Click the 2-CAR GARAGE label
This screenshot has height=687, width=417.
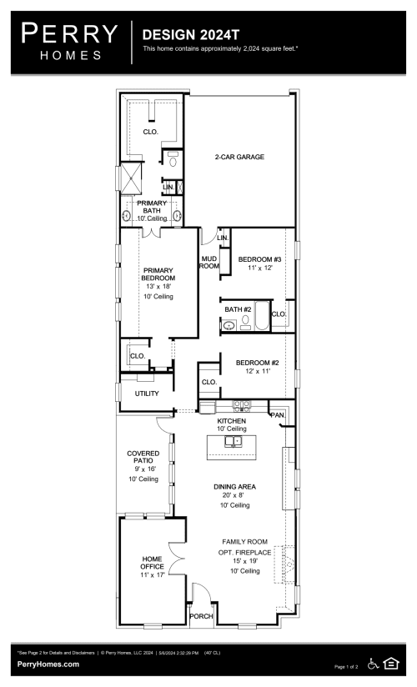point(240,157)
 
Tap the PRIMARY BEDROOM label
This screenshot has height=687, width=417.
point(158,273)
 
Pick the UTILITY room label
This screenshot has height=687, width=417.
point(147,393)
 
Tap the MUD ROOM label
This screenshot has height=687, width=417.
point(208,263)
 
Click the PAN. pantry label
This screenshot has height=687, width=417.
point(278,414)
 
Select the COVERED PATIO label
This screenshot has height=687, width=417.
point(143,458)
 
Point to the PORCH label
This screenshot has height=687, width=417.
point(201,617)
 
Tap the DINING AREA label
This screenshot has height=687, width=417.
point(235,486)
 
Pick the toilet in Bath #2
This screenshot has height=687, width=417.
point(247,320)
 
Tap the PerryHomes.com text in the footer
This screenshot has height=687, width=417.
point(48,664)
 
